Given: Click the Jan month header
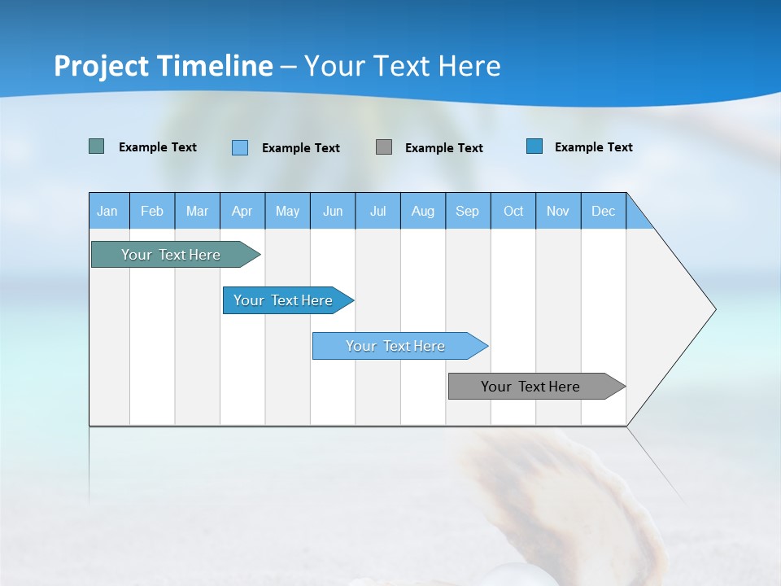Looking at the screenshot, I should click(x=107, y=211).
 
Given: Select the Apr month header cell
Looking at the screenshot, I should click(x=242, y=211).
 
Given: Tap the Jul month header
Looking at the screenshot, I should click(x=377, y=211).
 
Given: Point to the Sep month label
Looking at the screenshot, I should click(x=467, y=211).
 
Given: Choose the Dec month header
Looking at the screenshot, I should click(x=603, y=211).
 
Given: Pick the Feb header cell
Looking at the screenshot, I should click(x=152, y=211).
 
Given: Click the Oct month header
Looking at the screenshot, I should click(x=513, y=211).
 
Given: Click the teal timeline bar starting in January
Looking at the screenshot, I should click(x=172, y=255).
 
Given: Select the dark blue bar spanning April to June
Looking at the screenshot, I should click(x=284, y=300).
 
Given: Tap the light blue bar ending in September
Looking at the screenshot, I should click(x=396, y=346).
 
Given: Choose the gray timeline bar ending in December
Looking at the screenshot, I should click(x=531, y=387).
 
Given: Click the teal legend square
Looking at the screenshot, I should click(x=97, y=146).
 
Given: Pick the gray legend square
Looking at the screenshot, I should click(x=384, y=146).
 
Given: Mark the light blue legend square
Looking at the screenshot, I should click(x=240, y=147).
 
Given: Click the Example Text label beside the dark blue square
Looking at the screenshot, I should click(x=593, y=147).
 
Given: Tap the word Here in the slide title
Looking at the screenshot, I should click(x=469, y=66).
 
